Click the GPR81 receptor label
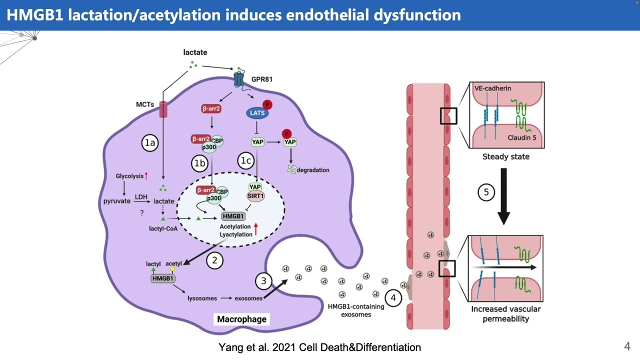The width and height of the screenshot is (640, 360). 261,79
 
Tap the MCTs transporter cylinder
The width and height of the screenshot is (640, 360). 163,109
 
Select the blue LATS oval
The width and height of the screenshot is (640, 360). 257,113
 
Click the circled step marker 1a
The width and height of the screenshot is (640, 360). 150,143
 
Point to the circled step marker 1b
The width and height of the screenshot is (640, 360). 199,163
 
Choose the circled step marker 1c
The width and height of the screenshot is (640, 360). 246,160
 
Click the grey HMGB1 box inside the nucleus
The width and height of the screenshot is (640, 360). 233,216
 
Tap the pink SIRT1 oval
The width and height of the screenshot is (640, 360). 255,196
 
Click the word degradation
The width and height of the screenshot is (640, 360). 313,170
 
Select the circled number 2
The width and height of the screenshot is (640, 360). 214,260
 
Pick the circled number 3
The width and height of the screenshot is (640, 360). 264,281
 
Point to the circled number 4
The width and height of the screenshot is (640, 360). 393,298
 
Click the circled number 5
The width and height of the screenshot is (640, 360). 486,192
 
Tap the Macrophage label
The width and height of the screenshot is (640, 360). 241,319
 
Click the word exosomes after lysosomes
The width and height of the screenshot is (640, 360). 248,298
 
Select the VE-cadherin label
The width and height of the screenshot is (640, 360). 492,88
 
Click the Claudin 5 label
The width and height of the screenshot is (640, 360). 521,137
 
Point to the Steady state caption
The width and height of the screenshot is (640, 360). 505,156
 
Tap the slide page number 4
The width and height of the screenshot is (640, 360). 627,346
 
